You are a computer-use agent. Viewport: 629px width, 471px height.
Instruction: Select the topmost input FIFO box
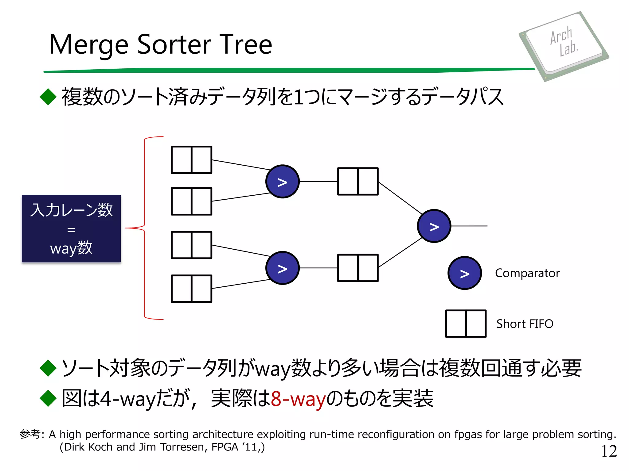[x=191, y=160]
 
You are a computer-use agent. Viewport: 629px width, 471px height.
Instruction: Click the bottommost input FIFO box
[x=191, y=289]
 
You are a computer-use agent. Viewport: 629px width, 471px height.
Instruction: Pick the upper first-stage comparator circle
[x=282, y=182]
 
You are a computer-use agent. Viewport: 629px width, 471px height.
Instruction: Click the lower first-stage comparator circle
[x=282, y=268]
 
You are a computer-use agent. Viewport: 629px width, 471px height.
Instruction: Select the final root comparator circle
[x=434, y=226]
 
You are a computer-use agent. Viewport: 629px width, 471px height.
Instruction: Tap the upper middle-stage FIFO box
[x=358, y=181]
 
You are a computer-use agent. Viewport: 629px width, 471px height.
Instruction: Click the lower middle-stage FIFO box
[x=358, y=268]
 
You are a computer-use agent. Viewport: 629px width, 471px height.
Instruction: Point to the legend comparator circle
[x=464, y=273]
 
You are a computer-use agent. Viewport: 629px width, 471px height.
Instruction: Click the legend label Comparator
[x=527, y=273]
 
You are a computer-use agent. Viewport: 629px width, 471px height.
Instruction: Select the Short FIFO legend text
[x=525, y=324]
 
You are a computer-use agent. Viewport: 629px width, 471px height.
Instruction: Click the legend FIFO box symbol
[x=466, y=324]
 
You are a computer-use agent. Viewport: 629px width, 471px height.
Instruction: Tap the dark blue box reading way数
[x=71, y=228]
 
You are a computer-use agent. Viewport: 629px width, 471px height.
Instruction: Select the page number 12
[x=609, y=451]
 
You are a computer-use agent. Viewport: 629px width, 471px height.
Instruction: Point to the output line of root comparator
[x=469, y=226]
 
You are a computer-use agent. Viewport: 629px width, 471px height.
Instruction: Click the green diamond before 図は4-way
[x=48, y=398]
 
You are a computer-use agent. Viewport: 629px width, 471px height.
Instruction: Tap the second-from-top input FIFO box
[x=191, y=201]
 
